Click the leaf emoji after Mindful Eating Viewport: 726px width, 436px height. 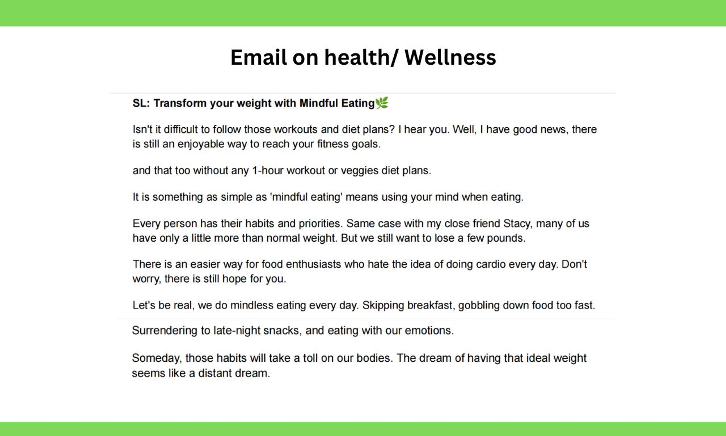382,103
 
